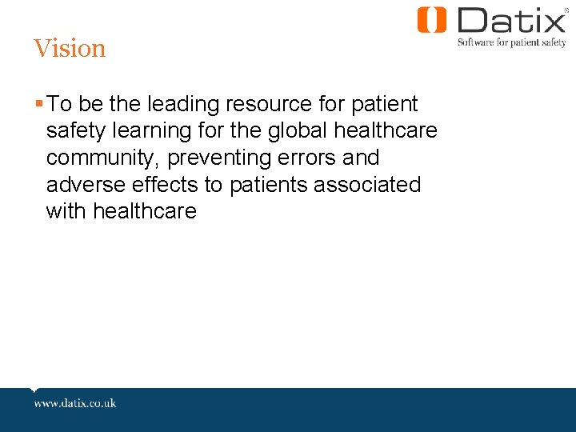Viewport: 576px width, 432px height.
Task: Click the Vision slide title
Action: click(x=70, y=49)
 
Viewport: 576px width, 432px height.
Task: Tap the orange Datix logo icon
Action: click(x=432, y=20)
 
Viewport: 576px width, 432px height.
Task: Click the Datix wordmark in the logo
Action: click(x=511, y=20)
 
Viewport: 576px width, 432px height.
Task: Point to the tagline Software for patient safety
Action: click(x=511, y=42)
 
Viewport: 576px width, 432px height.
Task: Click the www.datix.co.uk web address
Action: click(x=75, y=402)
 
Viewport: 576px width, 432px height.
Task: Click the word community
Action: click(x=103, y=158)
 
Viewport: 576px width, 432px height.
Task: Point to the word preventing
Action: click(x=218, y=158)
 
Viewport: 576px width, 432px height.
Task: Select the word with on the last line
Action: click(x=66, y=212)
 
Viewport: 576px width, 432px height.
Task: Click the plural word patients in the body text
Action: click(x=268, y=185)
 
